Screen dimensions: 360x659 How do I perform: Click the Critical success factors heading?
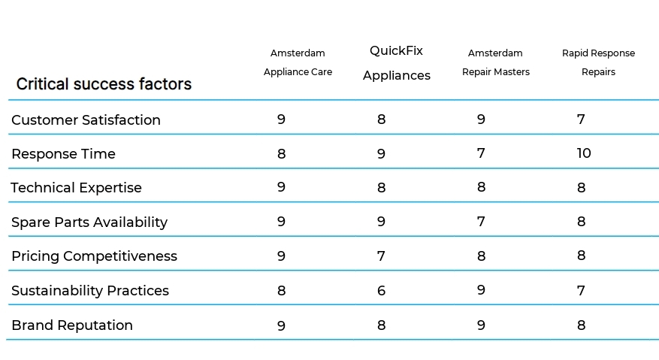coord(104,84)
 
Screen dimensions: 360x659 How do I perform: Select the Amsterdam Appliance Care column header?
coord(298,62)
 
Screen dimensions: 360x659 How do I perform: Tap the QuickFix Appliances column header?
coord(396,63)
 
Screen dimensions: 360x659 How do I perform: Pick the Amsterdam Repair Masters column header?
coord(495,62)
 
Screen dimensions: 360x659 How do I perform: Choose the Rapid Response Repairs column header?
coord(598,62)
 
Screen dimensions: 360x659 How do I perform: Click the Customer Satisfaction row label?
coord(86,119)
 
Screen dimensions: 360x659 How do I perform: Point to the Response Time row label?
coord(63,154)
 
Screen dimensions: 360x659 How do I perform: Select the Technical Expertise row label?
coord(76,188)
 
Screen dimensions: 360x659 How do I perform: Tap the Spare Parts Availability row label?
coord(89,222)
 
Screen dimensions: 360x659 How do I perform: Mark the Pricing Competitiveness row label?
coord(94,256)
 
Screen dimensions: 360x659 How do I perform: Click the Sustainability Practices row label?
coord(90,291)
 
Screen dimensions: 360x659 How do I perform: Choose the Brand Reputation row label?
coord(72,325)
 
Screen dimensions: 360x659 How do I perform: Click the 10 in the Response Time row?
coord(584,153)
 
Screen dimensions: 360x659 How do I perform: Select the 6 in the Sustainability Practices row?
coord(381,291)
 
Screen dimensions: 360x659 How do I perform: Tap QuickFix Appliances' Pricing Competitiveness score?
coord(381,256)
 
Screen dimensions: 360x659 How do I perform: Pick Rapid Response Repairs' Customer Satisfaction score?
coord(581,119)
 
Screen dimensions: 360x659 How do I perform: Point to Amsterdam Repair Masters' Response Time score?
coord(481,153)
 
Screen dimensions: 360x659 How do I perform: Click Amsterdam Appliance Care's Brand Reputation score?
coord(281,325)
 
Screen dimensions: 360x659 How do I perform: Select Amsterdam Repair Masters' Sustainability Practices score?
coord(481,290)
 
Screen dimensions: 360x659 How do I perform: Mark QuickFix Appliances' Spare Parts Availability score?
coord(381,222)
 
